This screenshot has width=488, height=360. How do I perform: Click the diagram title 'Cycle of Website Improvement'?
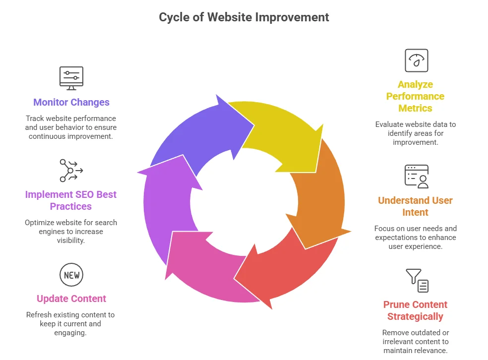pos(244,17)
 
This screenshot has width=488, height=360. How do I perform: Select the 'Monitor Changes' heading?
pos(71,103)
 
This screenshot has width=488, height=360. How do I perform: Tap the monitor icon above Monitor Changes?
pos(71,78)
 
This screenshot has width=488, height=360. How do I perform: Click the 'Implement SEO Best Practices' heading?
pos(71,200)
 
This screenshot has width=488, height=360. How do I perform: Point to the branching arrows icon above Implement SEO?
pos(71,171)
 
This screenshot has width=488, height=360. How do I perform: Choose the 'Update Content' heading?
pos(71,299)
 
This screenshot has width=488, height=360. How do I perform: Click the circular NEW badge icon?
pos(71,275)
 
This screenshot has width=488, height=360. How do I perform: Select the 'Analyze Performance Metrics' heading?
pos(415,96)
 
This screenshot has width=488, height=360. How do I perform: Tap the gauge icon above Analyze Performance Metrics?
pos(416,60)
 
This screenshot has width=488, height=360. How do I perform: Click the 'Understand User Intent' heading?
pos(415,206)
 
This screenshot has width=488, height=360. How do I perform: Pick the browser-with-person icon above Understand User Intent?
pos(416,177)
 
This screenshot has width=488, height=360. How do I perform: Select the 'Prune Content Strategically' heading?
pos(415,310)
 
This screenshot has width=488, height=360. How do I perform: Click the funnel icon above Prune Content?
pos(417,280)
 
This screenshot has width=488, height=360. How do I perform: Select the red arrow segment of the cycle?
pos(283,275)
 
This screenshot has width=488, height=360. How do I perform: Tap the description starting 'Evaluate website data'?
pos(415,133)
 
